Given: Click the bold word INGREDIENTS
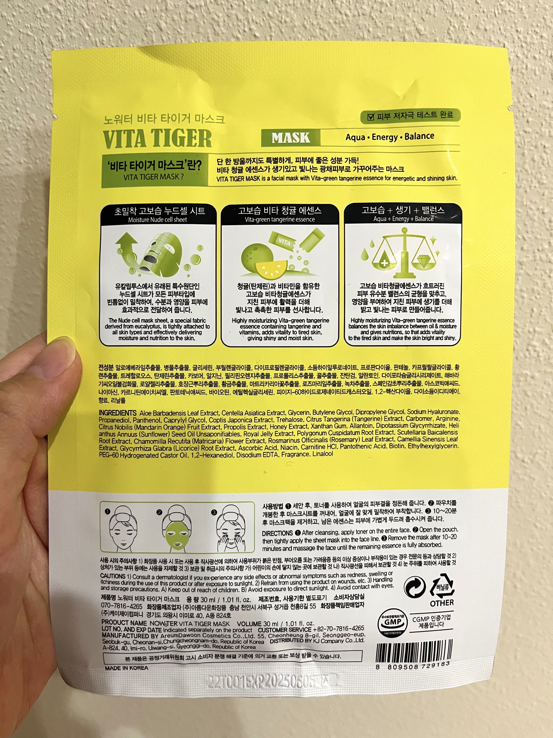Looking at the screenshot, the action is (x=118, y=413).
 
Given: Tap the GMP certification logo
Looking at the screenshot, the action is (x=392, y=623).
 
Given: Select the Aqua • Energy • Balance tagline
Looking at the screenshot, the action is (x=390, y=137).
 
